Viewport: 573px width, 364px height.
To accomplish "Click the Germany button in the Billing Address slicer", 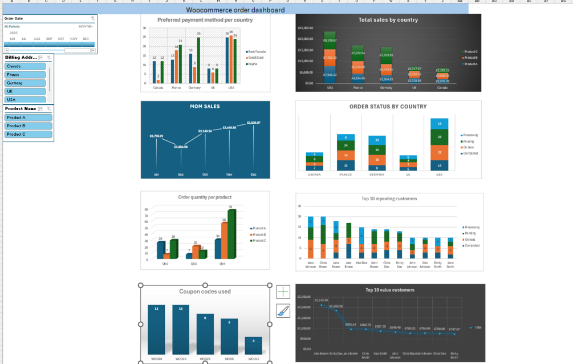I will point(25,83).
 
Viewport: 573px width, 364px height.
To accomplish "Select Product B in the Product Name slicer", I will point(28,126).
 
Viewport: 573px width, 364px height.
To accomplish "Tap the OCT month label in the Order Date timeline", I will point(61,39).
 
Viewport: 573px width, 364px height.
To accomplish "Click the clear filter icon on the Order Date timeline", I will point(92,19).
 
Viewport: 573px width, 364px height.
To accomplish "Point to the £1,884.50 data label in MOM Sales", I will point(181,147).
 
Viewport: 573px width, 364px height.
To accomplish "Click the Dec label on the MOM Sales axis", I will point(253,174).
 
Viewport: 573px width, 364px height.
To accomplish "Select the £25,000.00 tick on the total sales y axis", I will point(306,27).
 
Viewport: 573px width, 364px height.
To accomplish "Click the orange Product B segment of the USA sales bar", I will point(330,58).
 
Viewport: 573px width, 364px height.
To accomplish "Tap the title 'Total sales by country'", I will point(388,20).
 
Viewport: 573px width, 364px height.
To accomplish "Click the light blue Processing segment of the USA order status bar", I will point(439,123).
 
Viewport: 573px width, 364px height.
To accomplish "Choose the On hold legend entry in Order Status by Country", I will point(470,147).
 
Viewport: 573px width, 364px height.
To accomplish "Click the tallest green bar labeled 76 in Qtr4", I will point(231,234).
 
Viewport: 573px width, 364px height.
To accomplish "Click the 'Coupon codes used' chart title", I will point(205,292).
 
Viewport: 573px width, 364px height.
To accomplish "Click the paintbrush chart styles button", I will point(283,310).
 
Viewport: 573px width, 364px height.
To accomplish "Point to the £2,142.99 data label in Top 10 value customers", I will point(322,300).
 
